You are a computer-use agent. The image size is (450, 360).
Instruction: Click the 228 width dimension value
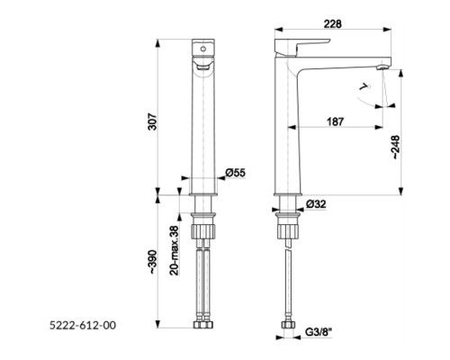332,23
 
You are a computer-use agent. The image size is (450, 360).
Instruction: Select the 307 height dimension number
153,121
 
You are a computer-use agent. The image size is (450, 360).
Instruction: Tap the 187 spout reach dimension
335,121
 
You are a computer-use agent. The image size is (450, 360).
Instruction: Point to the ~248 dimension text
396,147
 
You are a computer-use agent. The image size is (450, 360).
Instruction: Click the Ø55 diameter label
236,173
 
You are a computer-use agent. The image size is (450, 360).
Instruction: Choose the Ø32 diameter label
316,204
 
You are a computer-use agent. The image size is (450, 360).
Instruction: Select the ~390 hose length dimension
153,261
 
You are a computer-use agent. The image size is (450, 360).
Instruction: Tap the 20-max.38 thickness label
175,250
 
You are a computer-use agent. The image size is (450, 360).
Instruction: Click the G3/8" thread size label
319,332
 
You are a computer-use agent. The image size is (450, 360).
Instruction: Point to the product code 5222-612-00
83,325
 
